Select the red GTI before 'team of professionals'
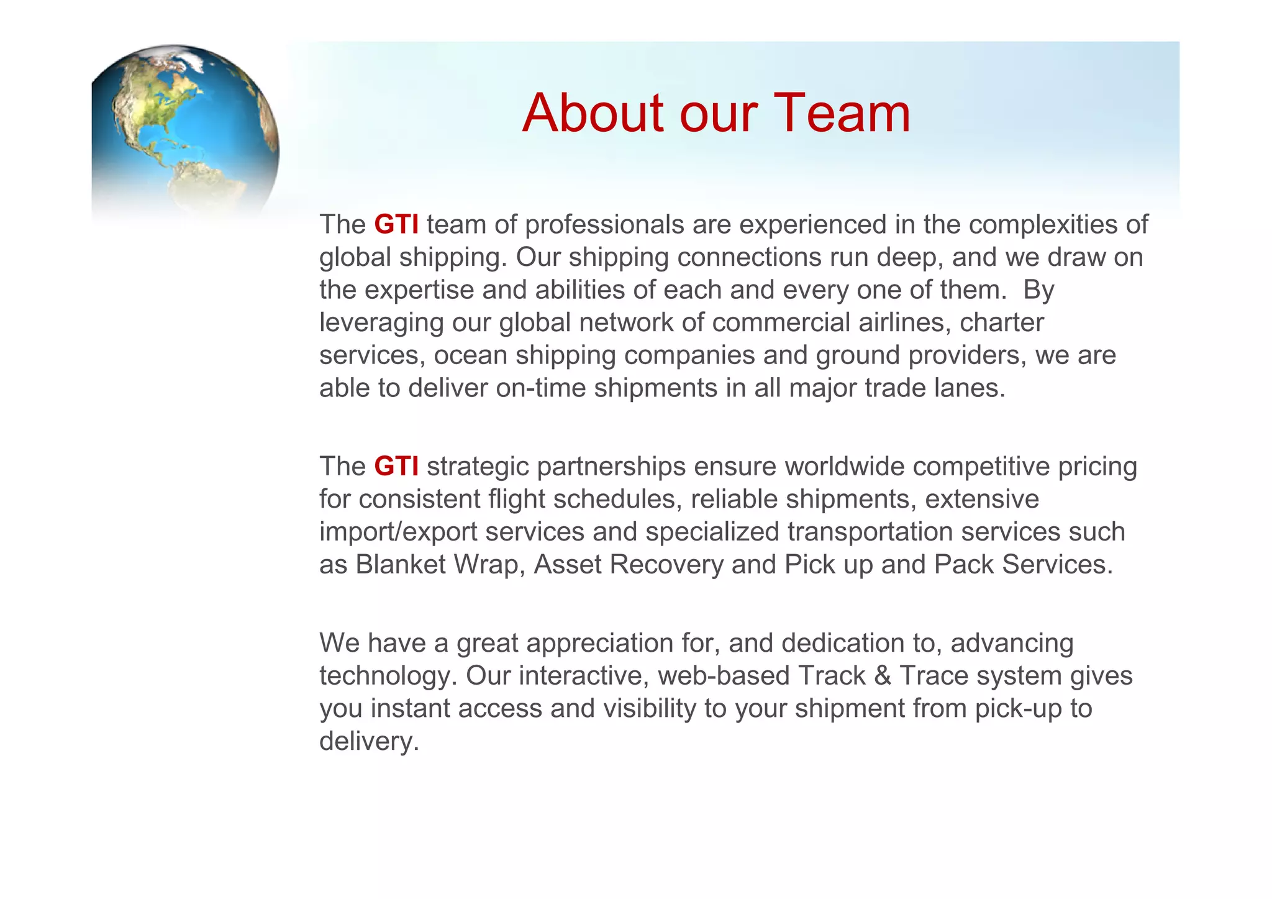pos(396,224)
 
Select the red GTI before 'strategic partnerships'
pos(396,466)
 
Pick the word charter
pos(1002,322)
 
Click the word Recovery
pos(666,565)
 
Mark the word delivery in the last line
pos(369,741)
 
